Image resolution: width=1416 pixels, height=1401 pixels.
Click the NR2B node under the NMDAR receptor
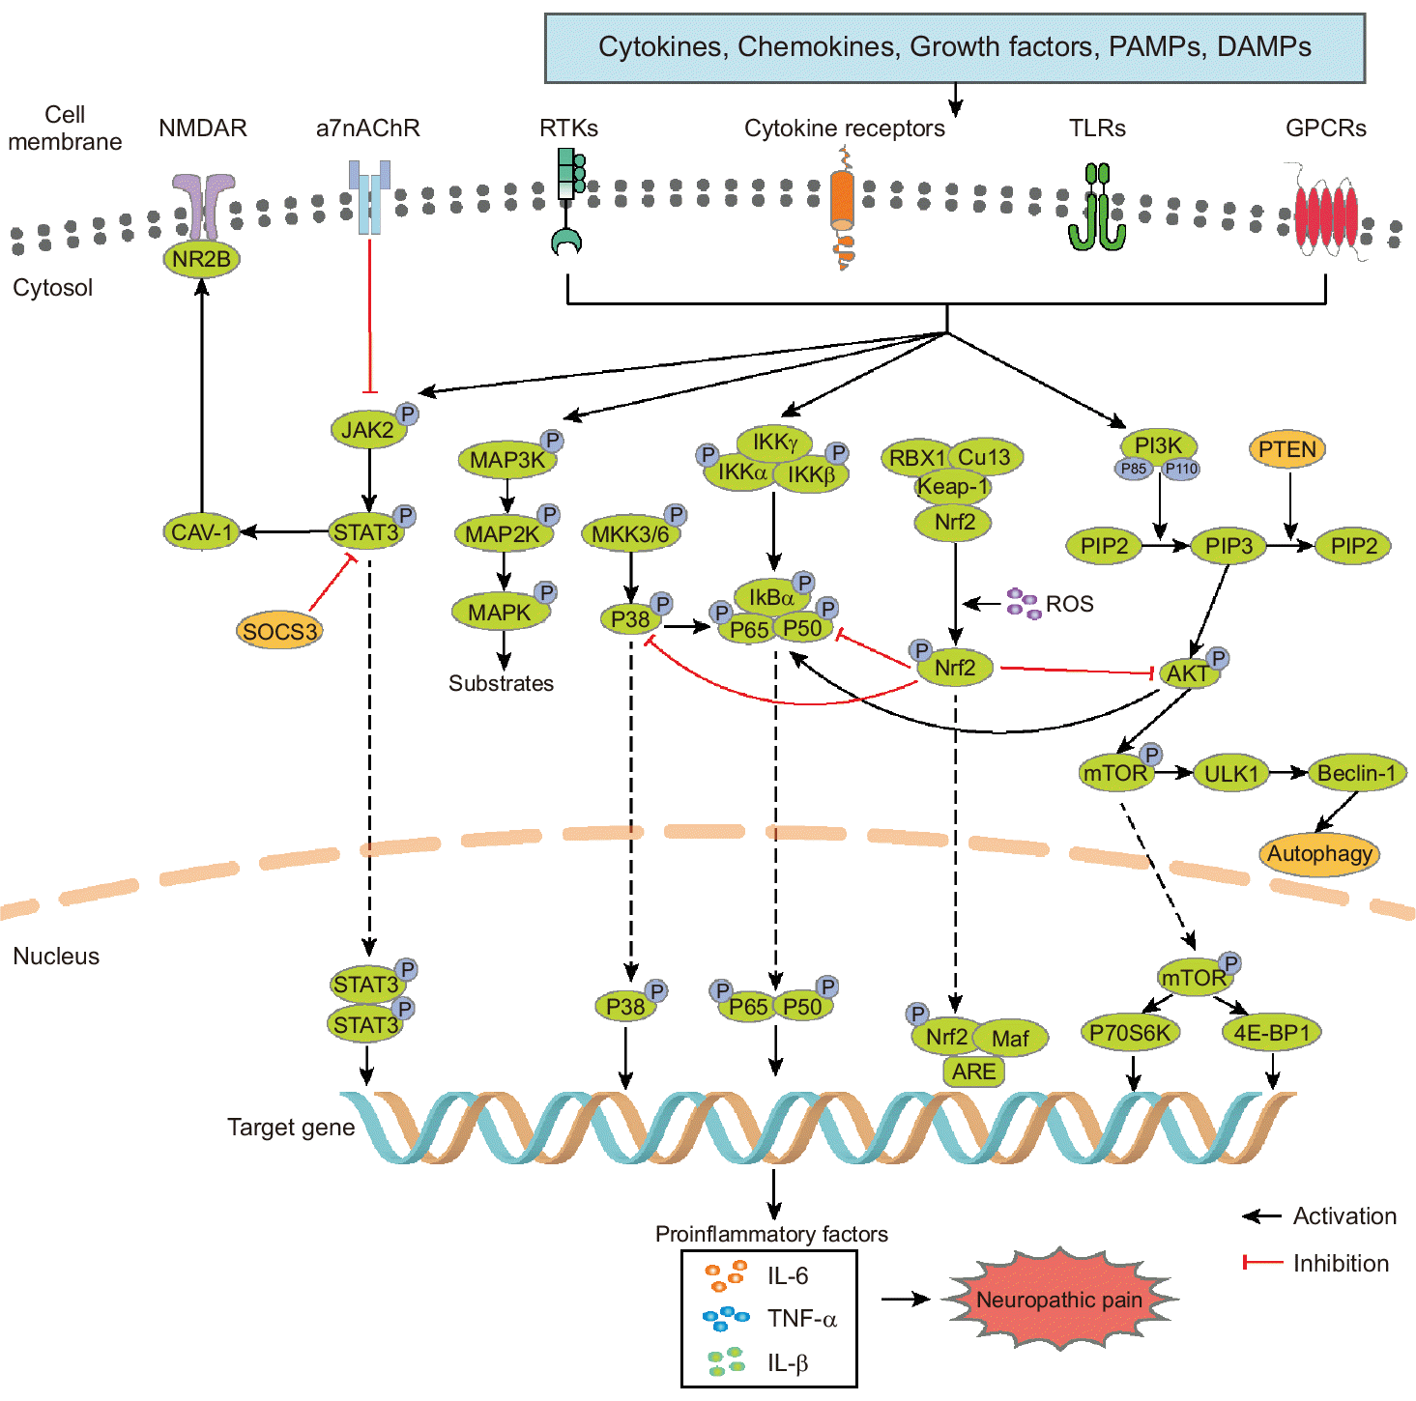click(x=201, y=259)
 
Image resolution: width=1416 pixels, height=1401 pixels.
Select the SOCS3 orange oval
click(x=279, y=631)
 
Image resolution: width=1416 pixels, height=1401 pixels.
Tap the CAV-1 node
click(x=201, y=532)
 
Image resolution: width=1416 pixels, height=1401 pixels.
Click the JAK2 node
click(x=367, y=430)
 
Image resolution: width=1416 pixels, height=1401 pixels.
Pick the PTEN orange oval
click(x=1287, y=449)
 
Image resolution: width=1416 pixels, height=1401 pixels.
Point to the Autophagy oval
click(x=1319, y=854)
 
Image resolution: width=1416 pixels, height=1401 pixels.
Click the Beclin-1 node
click(x=1356, y=773)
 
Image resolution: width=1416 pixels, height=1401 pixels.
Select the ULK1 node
click(x=1230, y=774)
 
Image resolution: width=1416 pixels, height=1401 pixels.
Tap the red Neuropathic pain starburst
click(x=1059, y=1300)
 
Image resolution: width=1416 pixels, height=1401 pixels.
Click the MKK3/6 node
click(x=630, y=534)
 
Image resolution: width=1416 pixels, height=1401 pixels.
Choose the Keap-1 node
click(x=952, y=486)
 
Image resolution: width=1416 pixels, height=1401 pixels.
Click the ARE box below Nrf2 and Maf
click(x=973, y=1072)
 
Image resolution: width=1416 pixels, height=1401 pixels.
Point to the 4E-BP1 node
click(x=1271, y=1033)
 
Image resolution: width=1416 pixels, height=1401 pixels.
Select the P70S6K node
click(x=1129, y=1033)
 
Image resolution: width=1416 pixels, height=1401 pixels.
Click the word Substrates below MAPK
click(x=501, y=683)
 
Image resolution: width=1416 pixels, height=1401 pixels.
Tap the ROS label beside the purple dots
click(x=1069, y=604)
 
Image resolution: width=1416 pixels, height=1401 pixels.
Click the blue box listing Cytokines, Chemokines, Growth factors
click(x=954, y=47)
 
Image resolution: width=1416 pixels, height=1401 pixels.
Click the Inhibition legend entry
click(x=1340, y=1263)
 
